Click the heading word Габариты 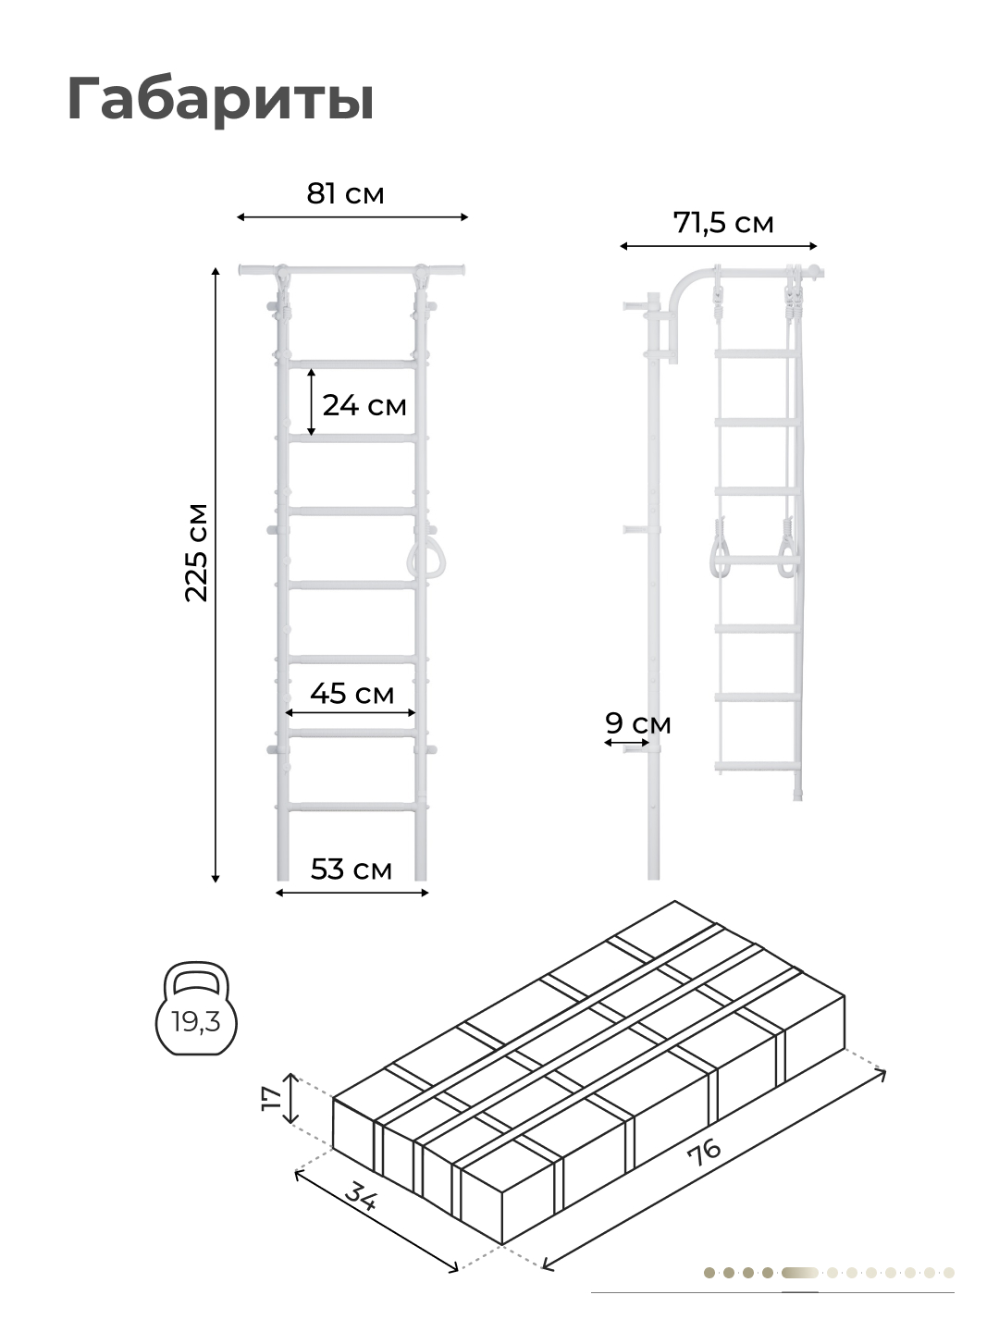[220, 100]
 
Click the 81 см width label [345, 193]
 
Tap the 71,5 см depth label [723, 223]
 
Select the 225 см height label [196, 552]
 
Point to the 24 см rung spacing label [364, 405]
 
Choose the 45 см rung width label [351, 693]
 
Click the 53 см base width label [351, 869]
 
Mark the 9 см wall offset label [638, 723]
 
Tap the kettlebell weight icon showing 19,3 [196, 1008]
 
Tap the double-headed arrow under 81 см [351, 216]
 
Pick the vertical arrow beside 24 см [311, 401]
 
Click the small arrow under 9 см [627, 742]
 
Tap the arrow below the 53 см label [351, 892]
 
